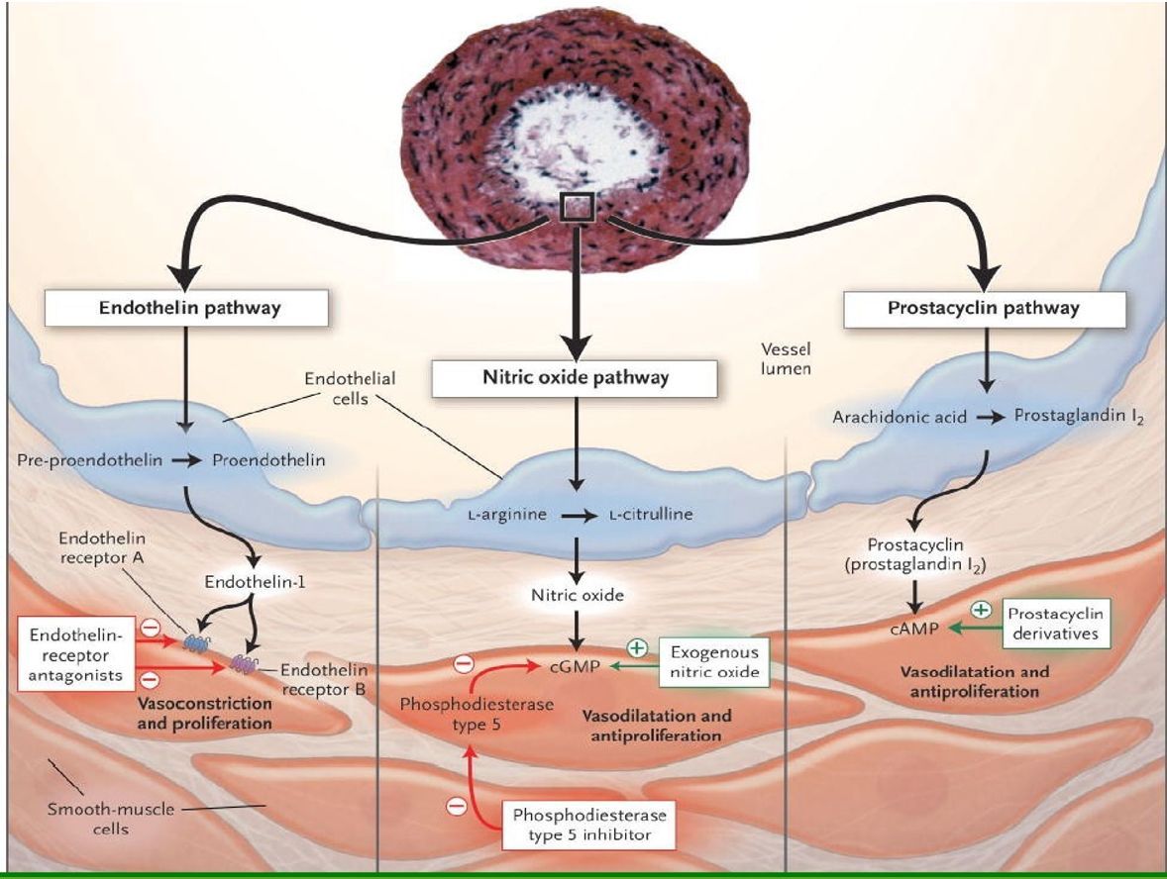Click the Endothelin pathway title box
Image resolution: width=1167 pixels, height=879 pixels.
point(186,308)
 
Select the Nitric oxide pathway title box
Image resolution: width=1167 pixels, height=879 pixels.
point(575,378)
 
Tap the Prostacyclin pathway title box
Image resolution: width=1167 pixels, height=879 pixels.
point(984,308)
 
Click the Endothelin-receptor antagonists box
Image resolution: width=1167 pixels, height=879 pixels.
point(75,655)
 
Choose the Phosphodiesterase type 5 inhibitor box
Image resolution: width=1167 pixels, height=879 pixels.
point(588,825)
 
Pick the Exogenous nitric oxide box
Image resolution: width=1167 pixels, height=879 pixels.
point(714,662)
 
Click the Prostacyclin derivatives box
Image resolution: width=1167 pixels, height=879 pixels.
point(1055,624)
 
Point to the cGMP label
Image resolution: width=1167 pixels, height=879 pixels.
point(575,666)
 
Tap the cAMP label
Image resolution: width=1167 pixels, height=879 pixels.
point(914,629)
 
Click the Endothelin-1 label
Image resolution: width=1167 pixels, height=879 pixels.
point(256,581)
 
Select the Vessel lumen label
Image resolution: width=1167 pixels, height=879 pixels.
point(786,358)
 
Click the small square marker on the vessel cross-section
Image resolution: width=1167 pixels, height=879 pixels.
point(577,207)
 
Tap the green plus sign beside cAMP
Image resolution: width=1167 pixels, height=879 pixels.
point(982,610)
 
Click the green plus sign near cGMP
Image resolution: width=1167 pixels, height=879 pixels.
point(637,648)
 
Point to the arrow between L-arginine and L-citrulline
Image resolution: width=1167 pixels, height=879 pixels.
point(579,516)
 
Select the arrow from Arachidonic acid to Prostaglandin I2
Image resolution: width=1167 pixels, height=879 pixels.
point(990,418)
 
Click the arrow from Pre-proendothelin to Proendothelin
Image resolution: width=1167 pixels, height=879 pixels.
point(186,460)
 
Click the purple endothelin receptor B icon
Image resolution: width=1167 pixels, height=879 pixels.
point(244,662)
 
